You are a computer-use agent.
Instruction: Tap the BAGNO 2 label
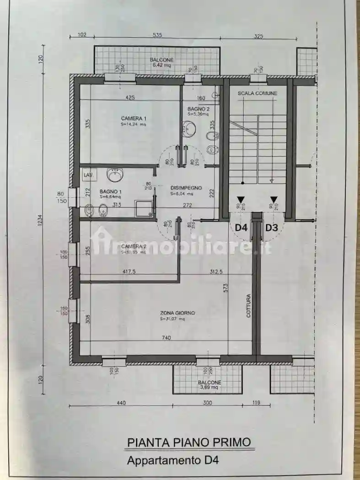click(199, 109)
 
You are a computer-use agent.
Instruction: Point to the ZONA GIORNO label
click(177, 313)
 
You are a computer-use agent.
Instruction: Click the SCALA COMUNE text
click(257, 94)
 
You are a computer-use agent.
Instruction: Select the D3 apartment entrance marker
click(272, 227)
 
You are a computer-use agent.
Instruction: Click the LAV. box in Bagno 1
click(87, 175)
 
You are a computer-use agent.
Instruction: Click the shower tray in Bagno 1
click(143, 208)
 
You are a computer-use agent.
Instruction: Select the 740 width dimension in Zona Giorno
click(166, 338)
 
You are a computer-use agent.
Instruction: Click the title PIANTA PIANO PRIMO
click(189, 442)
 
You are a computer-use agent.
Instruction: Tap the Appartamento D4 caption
click(173, 460)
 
